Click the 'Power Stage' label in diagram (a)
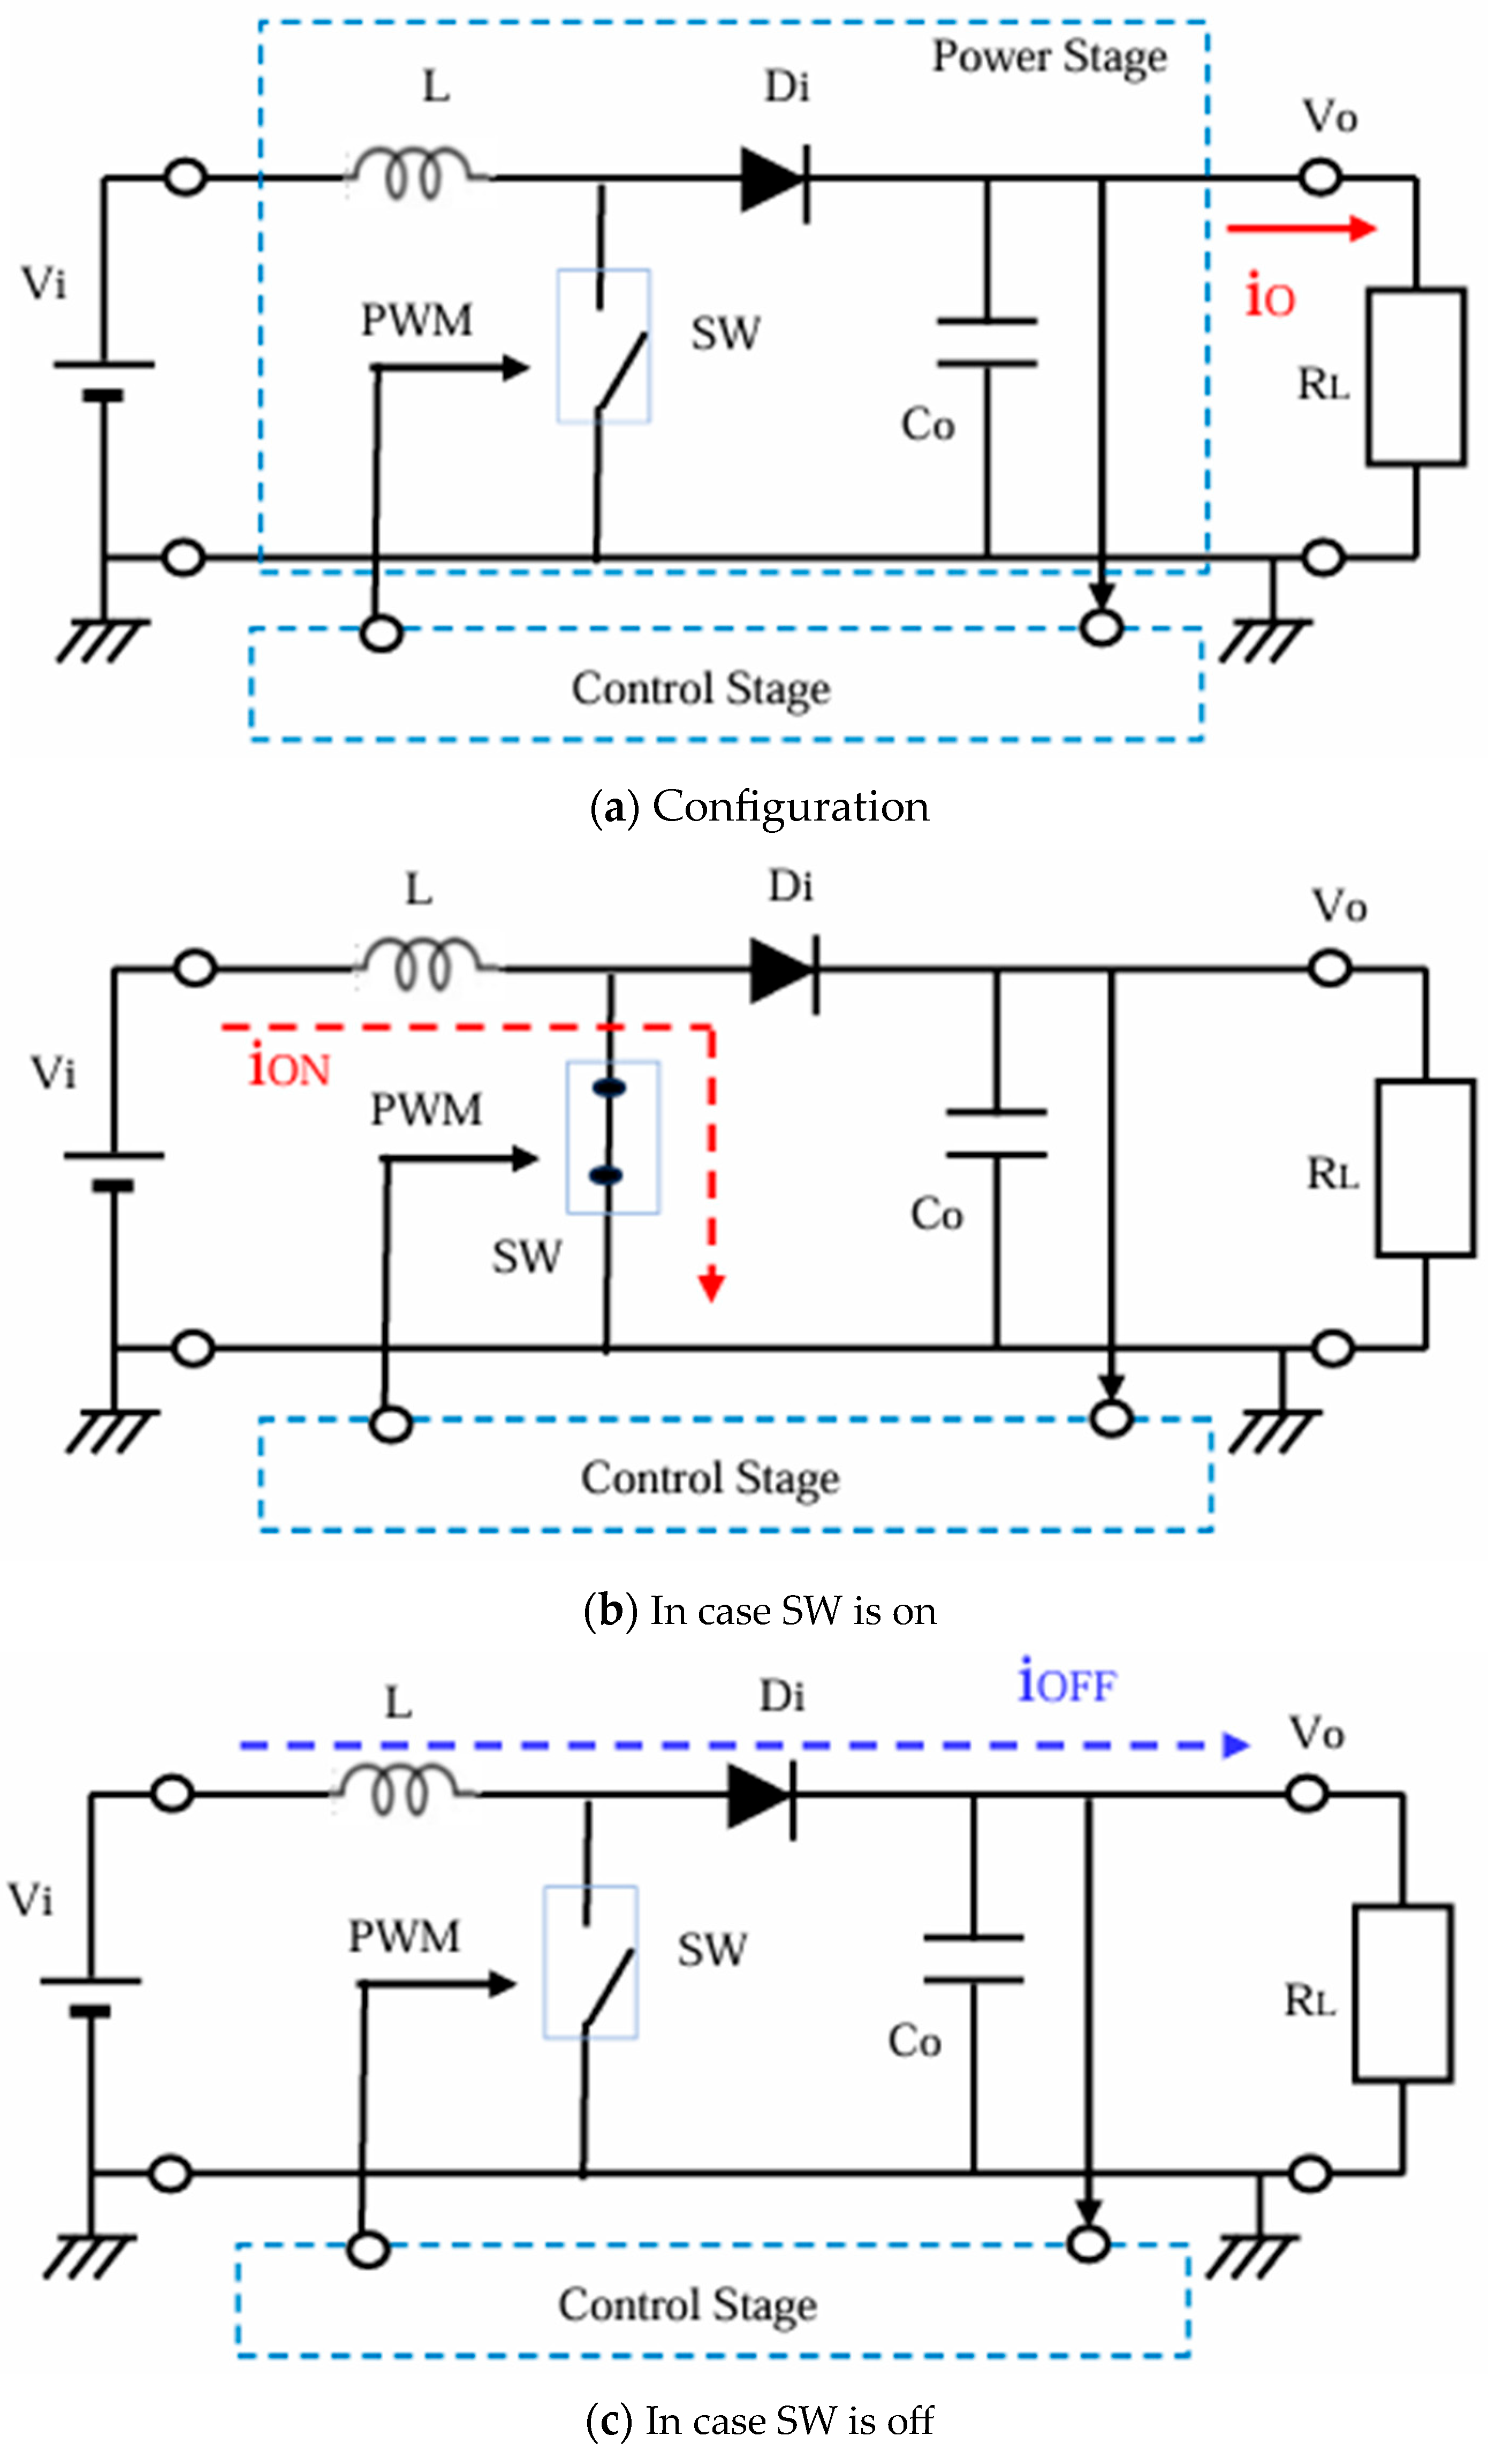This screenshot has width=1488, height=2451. (x=1049, y=58)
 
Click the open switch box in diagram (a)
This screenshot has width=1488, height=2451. (x=604, y=346)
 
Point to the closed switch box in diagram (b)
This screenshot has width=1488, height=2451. (x=612, y=1137)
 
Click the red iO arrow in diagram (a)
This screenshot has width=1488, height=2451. (x=1301, y=229)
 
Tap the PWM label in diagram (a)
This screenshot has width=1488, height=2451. (x=416, y=320)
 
